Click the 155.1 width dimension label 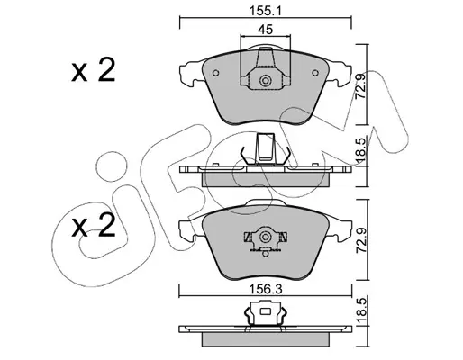tap(265, 12)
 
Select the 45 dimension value tap(266, 30)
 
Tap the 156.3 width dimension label tap(266, 290)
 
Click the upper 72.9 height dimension tap(360, 86)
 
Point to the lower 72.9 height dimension tap(360, 240)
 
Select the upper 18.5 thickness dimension tap(361, 152)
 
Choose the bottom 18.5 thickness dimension tap(361, 310)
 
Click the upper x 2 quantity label tap(94, 71)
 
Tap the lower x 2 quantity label tap(94, 225)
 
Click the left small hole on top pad tap(215, 73)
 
